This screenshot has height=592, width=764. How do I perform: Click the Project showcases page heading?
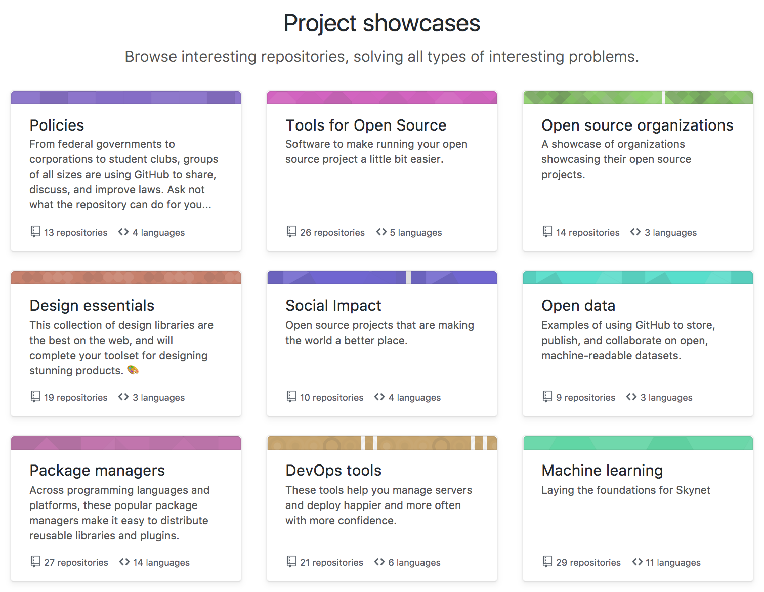pyautogui.click(x=381, y=23)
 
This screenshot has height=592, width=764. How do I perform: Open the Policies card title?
pyautogui.click(x=57, y=125)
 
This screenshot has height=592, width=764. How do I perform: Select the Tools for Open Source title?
pyautogui.click(x=366, y=125)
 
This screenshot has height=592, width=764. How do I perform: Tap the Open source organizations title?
pyautogui.click(x=637, y=125)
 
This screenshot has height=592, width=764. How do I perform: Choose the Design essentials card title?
pyautogui.click(x=92, y=305)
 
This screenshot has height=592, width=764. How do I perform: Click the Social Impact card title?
pyautogui.click(x=333, y=305)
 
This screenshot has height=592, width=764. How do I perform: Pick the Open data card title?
pyautogui.click(x=578, y=305)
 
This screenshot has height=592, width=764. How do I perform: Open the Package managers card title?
pyautogui.click(x=97, y=471)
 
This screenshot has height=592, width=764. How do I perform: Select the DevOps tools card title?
pyautogui.click(x=333, y=471)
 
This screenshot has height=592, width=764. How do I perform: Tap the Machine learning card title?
pyautogui.click(x=602, y=471)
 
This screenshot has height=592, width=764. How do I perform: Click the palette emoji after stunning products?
pyautogui.click(x=133, y=370)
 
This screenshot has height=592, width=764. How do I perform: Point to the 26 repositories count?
pyautogui.click(x=332, y=232)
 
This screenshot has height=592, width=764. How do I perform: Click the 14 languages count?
pyautogui.click(x=161, y=562)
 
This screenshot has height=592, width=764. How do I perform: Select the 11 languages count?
pyautogui.click(x=673, y=562)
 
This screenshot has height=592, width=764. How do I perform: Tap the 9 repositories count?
pyautogui.click(x=585, y=397)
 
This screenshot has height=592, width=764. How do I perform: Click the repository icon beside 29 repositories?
pyautogui.click(x=547, y=562)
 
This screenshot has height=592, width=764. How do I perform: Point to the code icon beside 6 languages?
pyautogui.click(x=379, y=562)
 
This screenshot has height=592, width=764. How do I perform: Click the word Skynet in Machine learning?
pyautogui.click(x=693, y=490)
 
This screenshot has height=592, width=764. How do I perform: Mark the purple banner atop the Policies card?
pyautogui.click(x=126, y=98)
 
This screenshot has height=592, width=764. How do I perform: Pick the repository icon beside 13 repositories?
pyautogui.click(x=35, y=232)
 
